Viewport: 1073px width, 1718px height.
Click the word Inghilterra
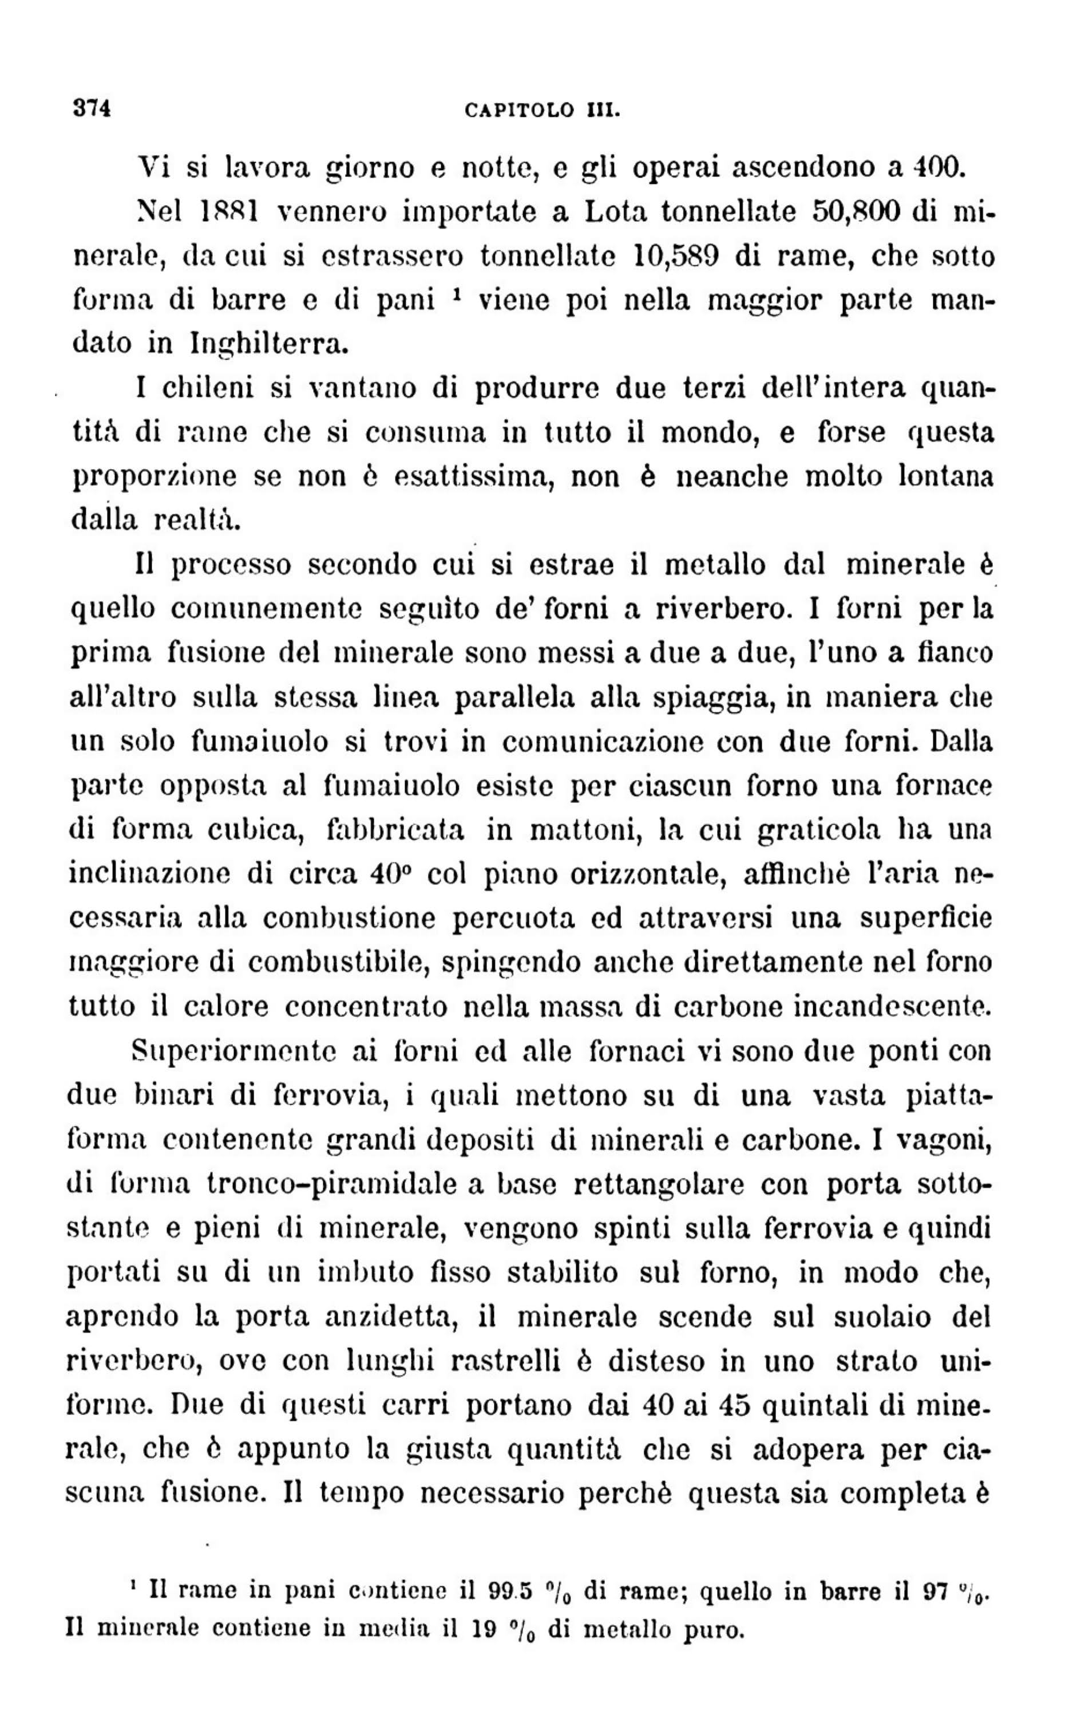tap(270, 344)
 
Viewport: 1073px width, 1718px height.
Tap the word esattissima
tap(470, 477)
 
